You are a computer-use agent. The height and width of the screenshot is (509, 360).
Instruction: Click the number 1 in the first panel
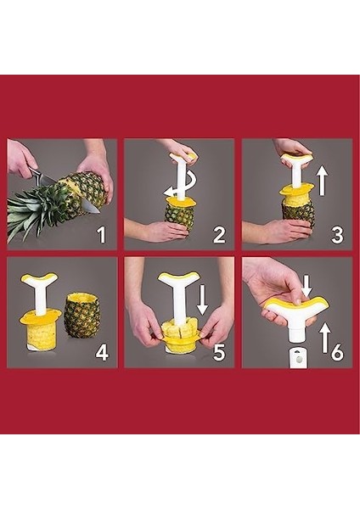pyautogui.click(x=101, y=234)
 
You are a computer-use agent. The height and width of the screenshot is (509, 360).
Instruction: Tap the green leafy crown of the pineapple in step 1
pyautogui.click(x=38, y=209)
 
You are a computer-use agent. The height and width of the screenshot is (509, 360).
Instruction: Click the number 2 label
pyautogui.click(x=219, y=235)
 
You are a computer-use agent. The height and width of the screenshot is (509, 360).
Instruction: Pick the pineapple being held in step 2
pyautogui.click(x=179, y=215)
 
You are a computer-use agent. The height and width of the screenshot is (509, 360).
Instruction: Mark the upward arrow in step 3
pyautogui.click(x=322, y=181)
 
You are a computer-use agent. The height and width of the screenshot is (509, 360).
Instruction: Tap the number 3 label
pyautogui.click(x=336, y=235)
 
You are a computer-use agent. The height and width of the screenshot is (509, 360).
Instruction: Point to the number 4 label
pyautogui.click(x=102, y=351)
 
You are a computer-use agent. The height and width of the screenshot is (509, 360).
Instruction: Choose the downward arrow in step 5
pyautogui.click(x=203, y=299)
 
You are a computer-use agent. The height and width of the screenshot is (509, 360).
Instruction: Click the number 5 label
pyautogui.click(x=219, y=351)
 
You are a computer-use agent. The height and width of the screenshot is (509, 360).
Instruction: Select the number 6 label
pyautogui.click(x=336, y=351)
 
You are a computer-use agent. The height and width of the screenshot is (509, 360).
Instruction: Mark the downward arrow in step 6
pyautogui.click(x=307, y=286)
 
